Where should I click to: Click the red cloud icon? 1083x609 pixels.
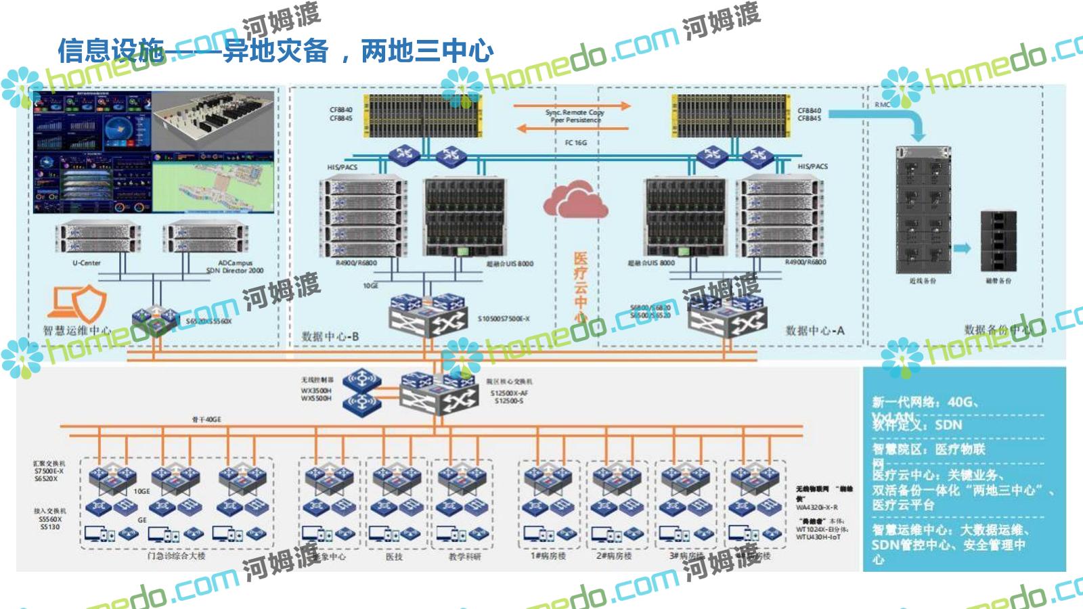[x=575, y=199]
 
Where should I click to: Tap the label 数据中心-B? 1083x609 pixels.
[x=330, y=336]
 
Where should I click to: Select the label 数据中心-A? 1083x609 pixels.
[x=815, y=330]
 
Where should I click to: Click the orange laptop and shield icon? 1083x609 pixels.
[x=77, y=304]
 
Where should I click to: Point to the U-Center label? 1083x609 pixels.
[x=87, y=263]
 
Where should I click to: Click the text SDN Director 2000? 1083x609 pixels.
[x=235, y=271]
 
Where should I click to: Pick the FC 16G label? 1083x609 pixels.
[x=575, y=143]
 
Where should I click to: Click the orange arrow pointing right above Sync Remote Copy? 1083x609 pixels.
[x=571, y=106]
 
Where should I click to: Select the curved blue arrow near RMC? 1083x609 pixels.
[x=907, y=122]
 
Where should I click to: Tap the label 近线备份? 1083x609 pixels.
[x=923, y=280]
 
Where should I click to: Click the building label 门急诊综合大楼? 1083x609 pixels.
[x=176, y=556]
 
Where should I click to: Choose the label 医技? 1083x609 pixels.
[x=394, y=556]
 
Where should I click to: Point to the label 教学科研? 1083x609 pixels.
[x=464, y=556]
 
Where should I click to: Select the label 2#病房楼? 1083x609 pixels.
[x=614, y=556]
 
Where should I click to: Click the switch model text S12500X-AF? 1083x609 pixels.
[x=509, y=392]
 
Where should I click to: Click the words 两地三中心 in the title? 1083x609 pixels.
[x=427, y=51]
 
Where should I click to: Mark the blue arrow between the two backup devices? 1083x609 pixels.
[x=962, y=248]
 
